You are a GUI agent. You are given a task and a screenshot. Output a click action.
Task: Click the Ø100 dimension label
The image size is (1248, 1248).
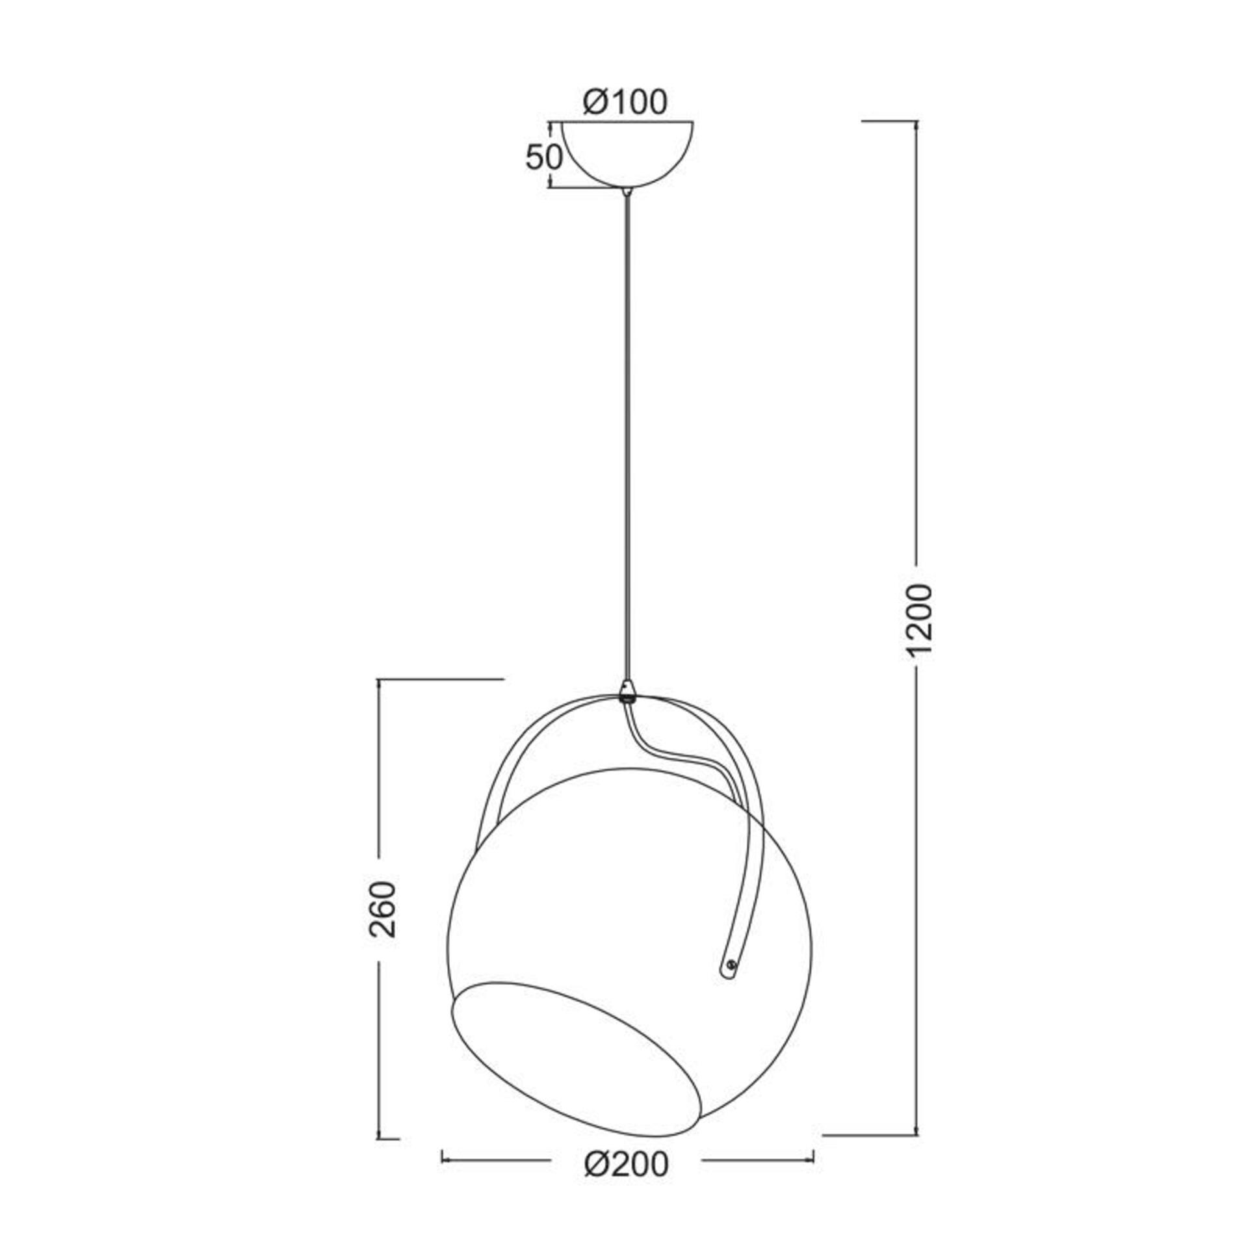(625, 102)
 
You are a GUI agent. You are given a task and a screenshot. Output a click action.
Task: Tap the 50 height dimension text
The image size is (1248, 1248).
(543, 158)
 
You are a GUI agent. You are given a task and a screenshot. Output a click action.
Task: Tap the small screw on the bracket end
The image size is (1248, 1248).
(731, 983)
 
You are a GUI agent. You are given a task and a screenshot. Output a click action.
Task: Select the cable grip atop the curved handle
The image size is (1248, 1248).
(627, 692)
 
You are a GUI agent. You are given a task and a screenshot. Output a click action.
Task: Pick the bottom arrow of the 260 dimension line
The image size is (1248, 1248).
(378, 1134)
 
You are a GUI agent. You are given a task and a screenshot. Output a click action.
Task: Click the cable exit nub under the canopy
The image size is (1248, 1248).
(627, 192)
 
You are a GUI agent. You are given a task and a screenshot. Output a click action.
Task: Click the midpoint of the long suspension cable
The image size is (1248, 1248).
(627, 435)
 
